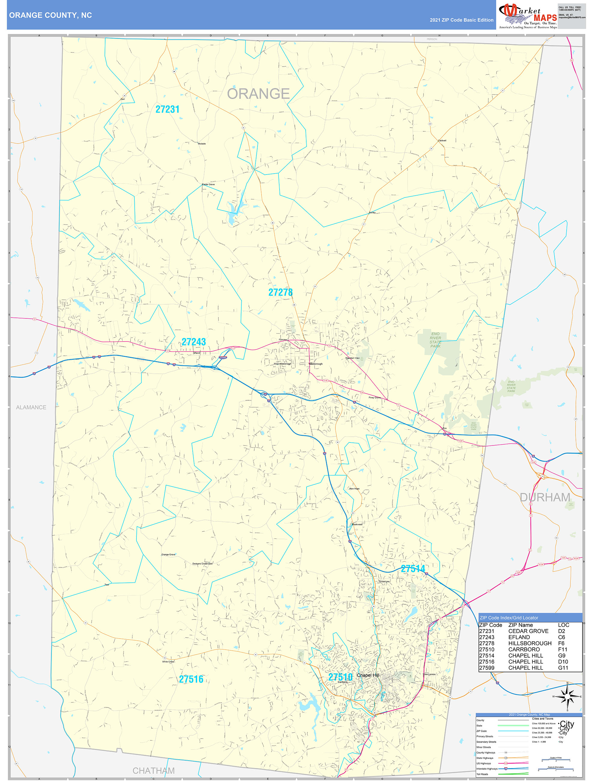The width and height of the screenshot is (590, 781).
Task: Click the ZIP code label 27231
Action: pyautogui.click(x=167, y=109)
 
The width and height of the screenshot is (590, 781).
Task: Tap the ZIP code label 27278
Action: pyautogui.click(x=280, y=292)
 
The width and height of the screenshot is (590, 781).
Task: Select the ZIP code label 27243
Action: pyautogui.click(x=194, y=342)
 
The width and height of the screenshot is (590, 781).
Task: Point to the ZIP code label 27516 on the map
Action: pyautogui.click(x=191, y=679)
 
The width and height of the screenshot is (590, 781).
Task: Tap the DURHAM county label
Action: pyautogui.click(x=545, y=497)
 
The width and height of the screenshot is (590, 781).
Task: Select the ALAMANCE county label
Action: pyautogui.click(x=31, y=407)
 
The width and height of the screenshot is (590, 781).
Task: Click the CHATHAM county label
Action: pyautogui.click(x=154, y=770)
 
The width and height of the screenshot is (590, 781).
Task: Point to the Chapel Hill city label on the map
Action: pyautogui.click(x=368, y=675)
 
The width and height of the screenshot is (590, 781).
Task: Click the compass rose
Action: pyautogui.click(x=567, y=697)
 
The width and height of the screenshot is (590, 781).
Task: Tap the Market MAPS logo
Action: pyautogui.click(x=528, y=15)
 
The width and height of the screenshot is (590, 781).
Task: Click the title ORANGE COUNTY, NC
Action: pyautogui.click(x=50, y=15)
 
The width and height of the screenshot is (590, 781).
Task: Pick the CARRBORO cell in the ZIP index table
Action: pyautogui.click(x=524, y=649)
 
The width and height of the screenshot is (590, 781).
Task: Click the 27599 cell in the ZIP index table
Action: pyautogui.click(x=487, y=668)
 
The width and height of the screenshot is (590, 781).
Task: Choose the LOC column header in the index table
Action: pyautogui.click(x=564, y=624)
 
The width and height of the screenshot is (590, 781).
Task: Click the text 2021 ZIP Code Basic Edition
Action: pyautogui.click(x=461, y=20)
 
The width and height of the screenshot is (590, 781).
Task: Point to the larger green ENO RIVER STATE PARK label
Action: pyautogui.click(x=435, y=340)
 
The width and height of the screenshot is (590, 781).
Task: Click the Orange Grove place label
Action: pyautogui.click(x=168, y=554)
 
